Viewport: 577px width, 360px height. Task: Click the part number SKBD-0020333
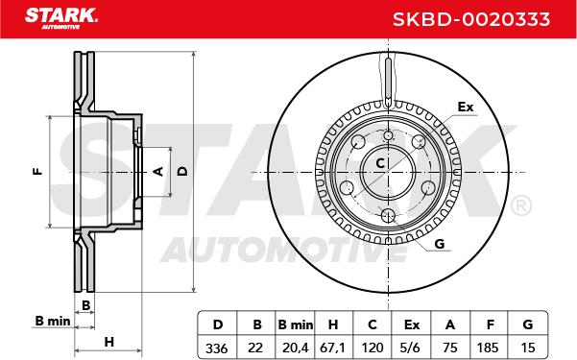click(x=471, y=19)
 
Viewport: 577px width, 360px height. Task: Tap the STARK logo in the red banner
click(x=61, y=18)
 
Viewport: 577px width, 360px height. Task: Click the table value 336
click(x=217, y=348)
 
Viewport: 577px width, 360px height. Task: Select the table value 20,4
click(x=295, y=348)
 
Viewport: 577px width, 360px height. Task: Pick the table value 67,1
click(x=333, y=348)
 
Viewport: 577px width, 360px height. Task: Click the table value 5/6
click(x=412, y=348)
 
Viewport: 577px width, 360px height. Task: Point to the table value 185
click(x=488, y=348)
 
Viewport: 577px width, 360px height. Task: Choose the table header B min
click(x=296, y=324)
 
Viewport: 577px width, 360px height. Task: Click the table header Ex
click(x=412, y=324)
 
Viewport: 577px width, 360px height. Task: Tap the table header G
click(x=528, y=324)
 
